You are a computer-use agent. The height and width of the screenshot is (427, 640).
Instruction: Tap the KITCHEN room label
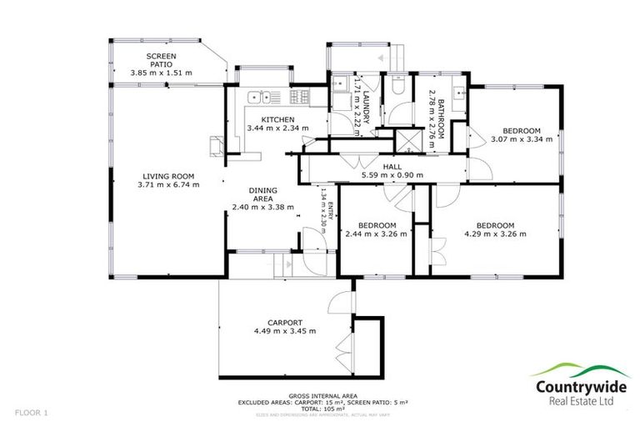[x=277, y=120]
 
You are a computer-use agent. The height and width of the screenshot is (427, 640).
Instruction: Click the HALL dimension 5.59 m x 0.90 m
[x=392, y=176]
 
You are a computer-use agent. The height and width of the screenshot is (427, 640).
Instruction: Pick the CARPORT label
[x=284, y=323]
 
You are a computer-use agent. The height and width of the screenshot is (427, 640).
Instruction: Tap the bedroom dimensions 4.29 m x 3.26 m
[x=495, y=234]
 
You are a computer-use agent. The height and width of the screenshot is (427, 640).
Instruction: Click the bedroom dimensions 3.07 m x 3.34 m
[x=521, y=140]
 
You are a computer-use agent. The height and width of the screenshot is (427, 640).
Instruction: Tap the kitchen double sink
[x=259, y=97]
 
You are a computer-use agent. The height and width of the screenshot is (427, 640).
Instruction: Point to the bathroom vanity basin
[x=459, y=89]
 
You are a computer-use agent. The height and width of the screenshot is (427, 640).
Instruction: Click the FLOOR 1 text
[x=31, y=413]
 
